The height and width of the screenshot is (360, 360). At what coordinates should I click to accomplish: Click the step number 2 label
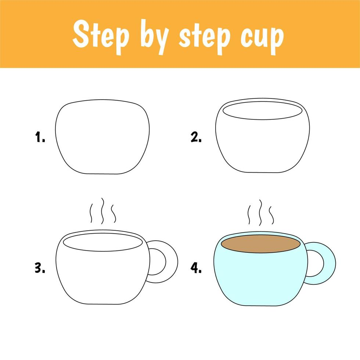(x=196, y=137)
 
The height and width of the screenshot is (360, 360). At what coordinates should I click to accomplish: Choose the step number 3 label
(x=40, y=268)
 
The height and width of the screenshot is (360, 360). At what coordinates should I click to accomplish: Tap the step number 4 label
(x=196, y=268)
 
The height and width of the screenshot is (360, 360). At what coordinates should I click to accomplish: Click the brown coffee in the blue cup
(x=261, y=244)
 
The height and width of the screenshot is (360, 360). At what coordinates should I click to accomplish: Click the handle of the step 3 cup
(x=172, y=262)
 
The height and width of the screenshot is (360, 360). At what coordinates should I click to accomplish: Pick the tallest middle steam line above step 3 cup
(x=102, y=211)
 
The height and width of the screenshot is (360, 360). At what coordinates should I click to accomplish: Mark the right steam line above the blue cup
(x=271, y=215)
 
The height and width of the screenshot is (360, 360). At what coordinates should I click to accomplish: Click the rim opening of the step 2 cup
(x=262, y=111)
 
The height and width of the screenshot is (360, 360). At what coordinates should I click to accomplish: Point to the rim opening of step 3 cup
(x=103, y=242)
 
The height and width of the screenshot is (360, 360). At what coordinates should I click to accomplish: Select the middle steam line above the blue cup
(x=260, y=213)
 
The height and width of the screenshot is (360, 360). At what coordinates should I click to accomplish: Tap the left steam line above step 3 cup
(x=91, y=213)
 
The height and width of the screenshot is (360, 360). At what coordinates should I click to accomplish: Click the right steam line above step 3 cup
(x=114, y=213)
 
